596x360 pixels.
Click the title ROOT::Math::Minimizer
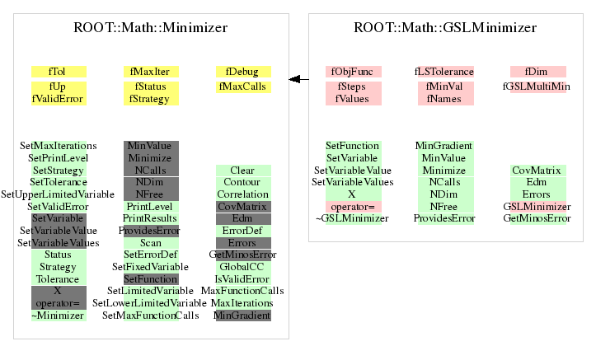(x=151, y=28)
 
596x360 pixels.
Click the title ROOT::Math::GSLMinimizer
(x=445, y=28)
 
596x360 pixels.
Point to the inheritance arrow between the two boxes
(x=298, y=79)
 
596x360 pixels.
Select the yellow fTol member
(x=57, y=72)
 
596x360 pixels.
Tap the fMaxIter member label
(x=150, y=72)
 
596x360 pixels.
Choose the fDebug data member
(x=242, y=72)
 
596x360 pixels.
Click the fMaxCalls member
(x=242, y=86)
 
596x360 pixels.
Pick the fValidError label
(x=58, y=99)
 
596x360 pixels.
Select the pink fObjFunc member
(x=352, y=72)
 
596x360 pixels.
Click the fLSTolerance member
(x=444, y=72)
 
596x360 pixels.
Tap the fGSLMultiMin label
(x=537, y=86)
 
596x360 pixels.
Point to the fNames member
(x=444, y=99)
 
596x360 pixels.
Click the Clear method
(x=242, y=171)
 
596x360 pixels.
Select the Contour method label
(x=242, y=182)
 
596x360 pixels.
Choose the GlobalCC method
(x=242, y=267)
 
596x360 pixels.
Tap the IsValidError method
(x=242, y=279)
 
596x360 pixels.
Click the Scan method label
(x=151, y=243)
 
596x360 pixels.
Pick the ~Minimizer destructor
(x=58, y=316)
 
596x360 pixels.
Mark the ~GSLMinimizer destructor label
(x=352, y=218)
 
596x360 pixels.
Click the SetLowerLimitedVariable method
(x=149, y=303)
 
